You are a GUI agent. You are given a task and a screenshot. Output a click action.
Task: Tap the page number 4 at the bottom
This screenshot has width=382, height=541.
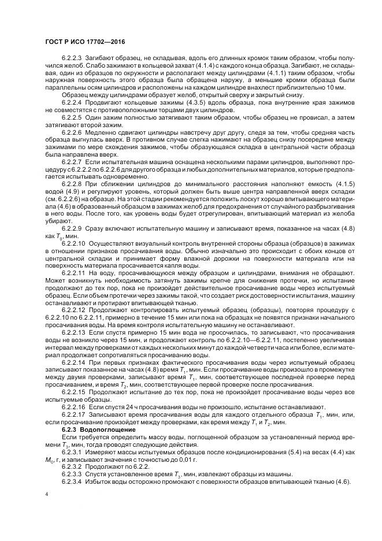[x=46, y=495]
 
